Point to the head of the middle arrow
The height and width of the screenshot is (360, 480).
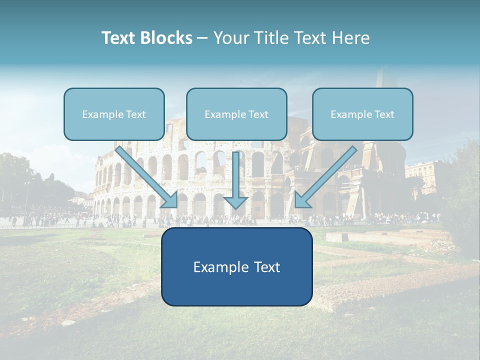coord(236,202)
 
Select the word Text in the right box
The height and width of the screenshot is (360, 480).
coord(384,114)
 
